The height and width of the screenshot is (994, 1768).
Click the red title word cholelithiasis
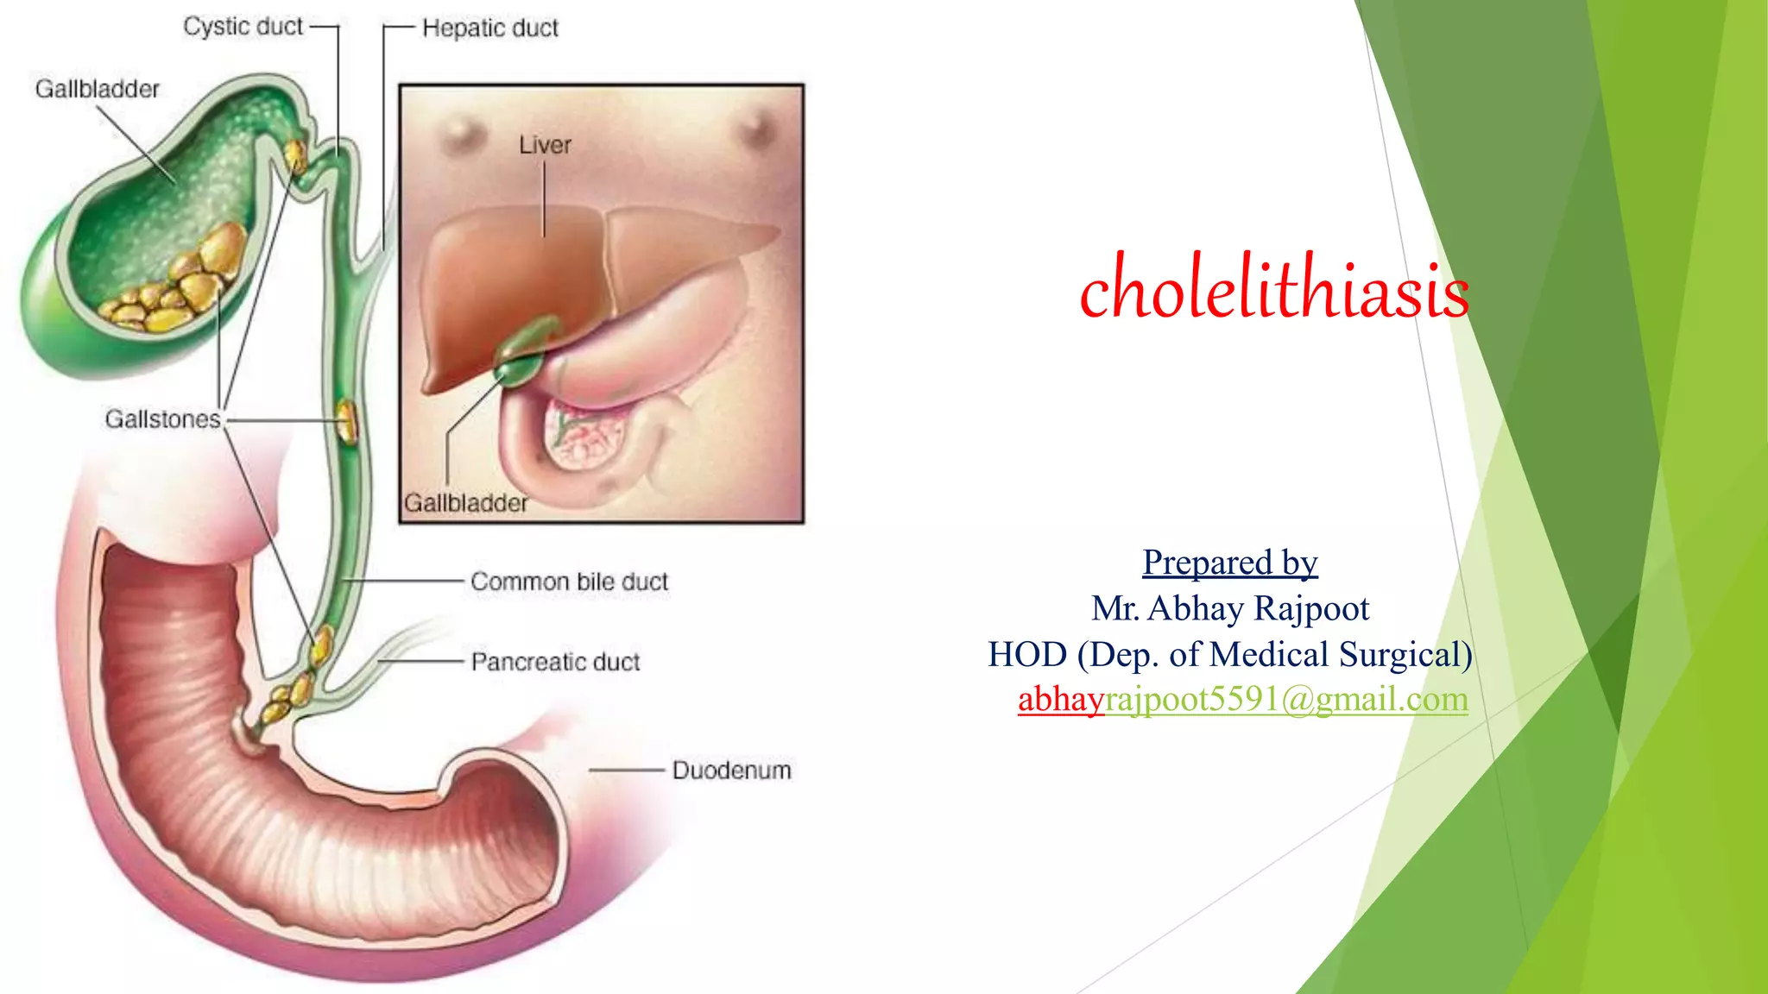pos(1273,288)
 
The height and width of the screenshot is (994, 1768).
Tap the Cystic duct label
pos(243,27)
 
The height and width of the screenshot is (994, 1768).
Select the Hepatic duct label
pos(489,28)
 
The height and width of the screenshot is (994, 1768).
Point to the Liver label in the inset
pos(545,145)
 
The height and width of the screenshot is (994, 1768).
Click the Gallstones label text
pos(163,419)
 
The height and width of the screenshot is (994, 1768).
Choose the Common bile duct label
pos(569,582)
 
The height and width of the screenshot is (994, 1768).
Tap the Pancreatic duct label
pos(555,662)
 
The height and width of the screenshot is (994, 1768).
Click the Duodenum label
pos(731,770)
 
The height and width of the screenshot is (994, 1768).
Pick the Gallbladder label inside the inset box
pos(465,503)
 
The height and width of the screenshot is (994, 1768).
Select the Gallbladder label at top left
pos(97,89)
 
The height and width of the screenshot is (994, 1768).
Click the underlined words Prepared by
pos(1229,563)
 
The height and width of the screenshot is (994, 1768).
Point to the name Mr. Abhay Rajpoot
pos(1229,608)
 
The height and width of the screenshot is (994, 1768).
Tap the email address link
pos(1242,699)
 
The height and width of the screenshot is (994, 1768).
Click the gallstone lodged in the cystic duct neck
pos(295,156)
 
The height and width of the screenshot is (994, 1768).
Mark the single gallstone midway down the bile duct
pos(346,421)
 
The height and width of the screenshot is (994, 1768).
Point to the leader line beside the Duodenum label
pos(625,770)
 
